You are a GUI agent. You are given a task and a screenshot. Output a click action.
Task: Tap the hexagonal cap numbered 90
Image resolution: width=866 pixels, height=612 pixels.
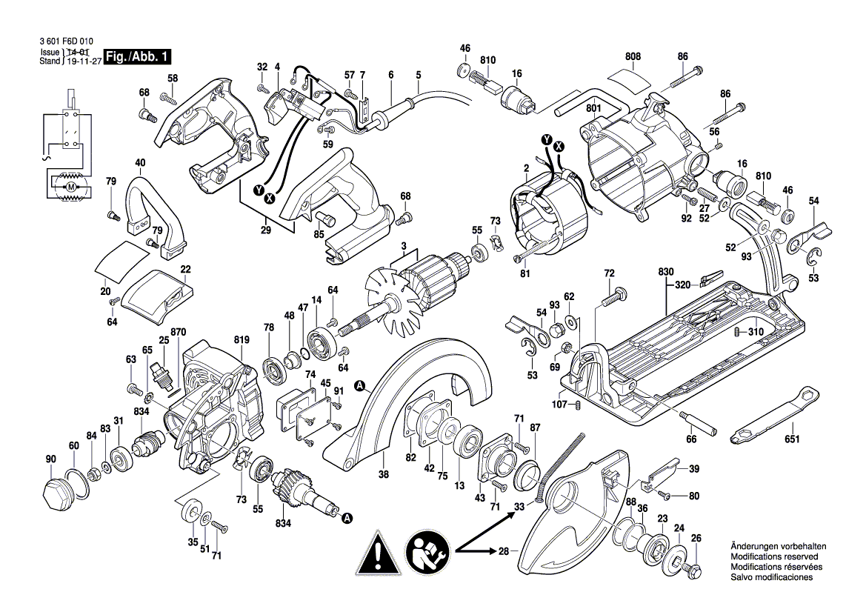[x=55, y=492]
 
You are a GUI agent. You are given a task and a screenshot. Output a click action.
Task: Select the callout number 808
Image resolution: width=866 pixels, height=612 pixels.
[x=633, y=56]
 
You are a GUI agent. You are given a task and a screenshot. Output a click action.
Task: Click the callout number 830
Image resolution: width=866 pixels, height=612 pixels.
[x=665, y=273]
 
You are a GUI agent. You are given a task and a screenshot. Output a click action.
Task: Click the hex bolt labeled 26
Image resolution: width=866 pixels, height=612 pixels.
[x=695, y=571]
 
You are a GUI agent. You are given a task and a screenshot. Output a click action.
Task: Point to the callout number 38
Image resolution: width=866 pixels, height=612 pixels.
[x=384, y=477]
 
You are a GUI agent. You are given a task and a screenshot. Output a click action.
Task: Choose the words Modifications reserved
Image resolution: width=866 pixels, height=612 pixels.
[x=774, y=556]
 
